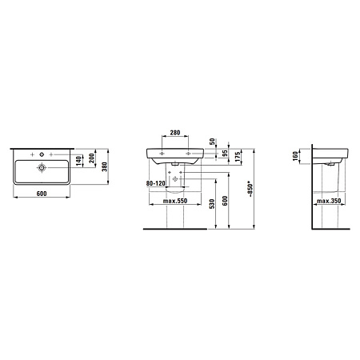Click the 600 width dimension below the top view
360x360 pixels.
coord(42,194)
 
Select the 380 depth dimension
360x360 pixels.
coord(105,166)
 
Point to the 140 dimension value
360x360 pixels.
coord(78,161)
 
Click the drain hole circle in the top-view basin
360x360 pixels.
coord(42,167)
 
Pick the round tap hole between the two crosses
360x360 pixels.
coord(42,154)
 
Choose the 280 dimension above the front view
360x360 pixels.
coord(175,133)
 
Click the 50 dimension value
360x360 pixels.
coord(212,142)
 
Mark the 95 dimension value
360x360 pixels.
coord(225,153)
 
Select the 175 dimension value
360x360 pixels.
coord(238,157)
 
